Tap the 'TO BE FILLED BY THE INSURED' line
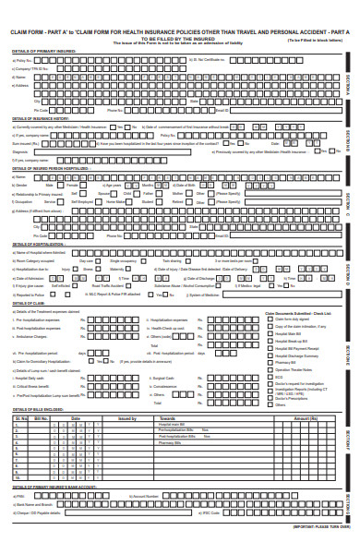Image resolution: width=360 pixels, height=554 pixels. [179, 39]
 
